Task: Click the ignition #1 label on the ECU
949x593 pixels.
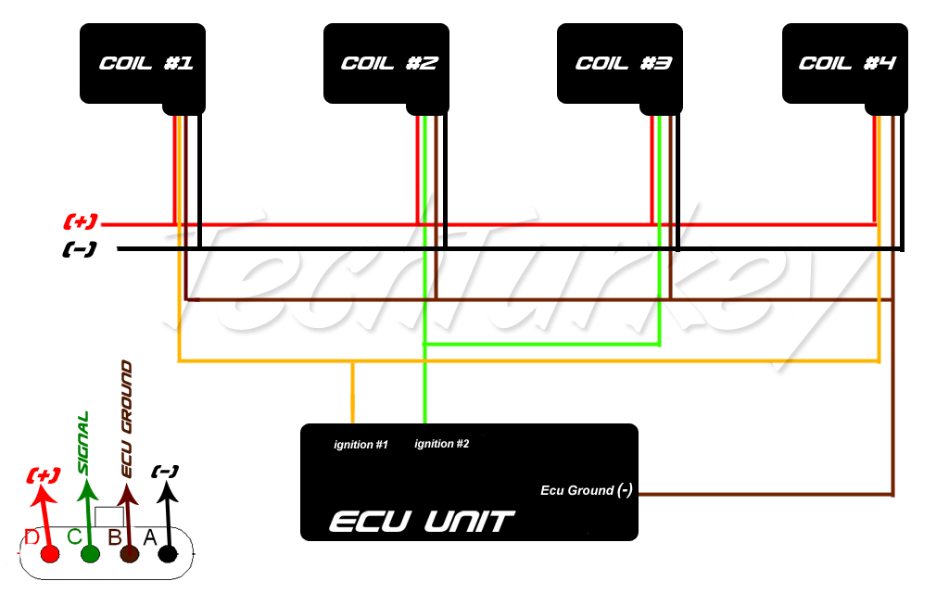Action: (x=361, y=445)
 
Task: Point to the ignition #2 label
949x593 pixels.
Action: (x=442, y=444)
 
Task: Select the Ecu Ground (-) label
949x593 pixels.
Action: (x=587, y=490)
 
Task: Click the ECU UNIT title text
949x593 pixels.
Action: (x=422, y=521)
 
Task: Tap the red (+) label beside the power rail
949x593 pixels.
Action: (x=81, y=221)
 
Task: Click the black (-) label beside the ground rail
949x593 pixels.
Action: (x=80, y=249)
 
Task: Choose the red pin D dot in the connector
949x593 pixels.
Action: (x=50, y=554)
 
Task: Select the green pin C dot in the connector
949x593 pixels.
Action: (x=90, y=554)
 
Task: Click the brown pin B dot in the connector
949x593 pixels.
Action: (x=130, y=554)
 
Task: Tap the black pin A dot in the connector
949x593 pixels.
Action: (x=168, y=554)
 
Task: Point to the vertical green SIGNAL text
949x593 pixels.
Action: (x=83, y=443)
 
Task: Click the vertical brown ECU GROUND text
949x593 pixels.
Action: (x=126, y=420)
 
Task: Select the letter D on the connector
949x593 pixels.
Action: (x=32, y=537)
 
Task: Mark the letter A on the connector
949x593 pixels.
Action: (x=149, y=537)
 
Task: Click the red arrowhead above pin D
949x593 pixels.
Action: (x=42, y=495)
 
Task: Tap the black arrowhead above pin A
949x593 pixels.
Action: (x=167, y=491)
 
